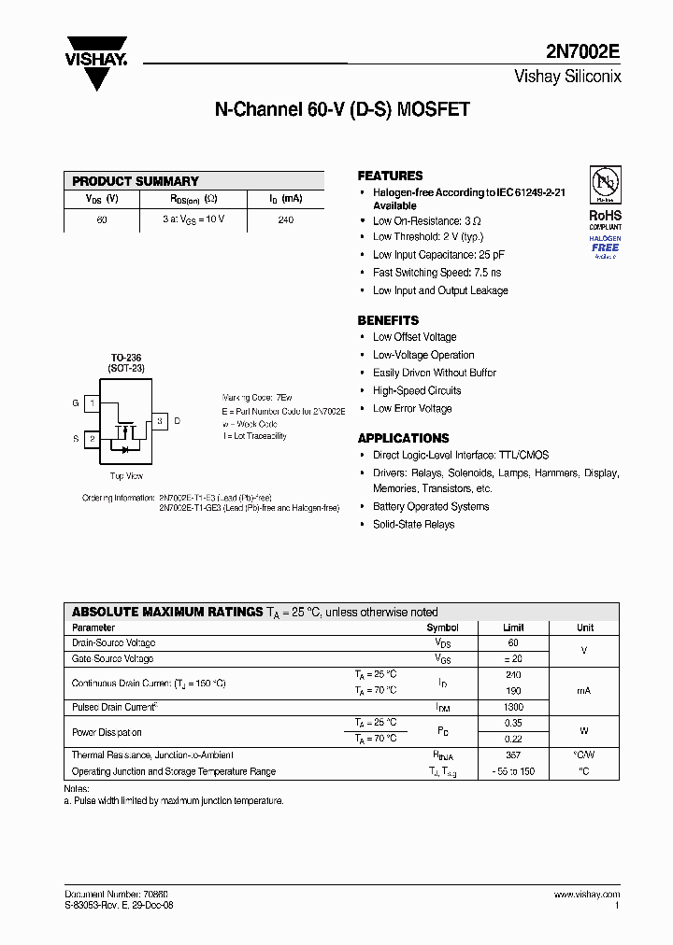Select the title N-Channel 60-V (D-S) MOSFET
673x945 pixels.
tap(342, 110)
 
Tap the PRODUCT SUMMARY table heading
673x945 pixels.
tap(136, 181)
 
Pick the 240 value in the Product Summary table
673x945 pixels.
tap(285, 220)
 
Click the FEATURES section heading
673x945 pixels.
tap(390, 176)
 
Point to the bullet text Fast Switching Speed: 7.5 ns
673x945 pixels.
tap(437, 273)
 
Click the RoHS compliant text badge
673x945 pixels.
tap(605, 219)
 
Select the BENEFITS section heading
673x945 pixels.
tap(388, 319)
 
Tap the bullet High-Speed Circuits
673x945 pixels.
tap(417, 390)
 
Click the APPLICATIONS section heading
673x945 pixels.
tap(403, 438)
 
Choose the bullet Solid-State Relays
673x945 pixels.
tap(413, 525)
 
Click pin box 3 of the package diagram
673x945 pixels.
tap(160, 421)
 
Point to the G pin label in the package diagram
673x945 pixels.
tap(75, 403)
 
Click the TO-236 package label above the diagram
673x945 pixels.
tap(125, 358)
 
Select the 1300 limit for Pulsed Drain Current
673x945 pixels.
tap(513, 708)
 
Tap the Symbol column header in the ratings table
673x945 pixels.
tap(442, 628)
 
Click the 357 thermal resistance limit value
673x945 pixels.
tap(513, 755)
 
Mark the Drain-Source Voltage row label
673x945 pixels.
tap(113, 643)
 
